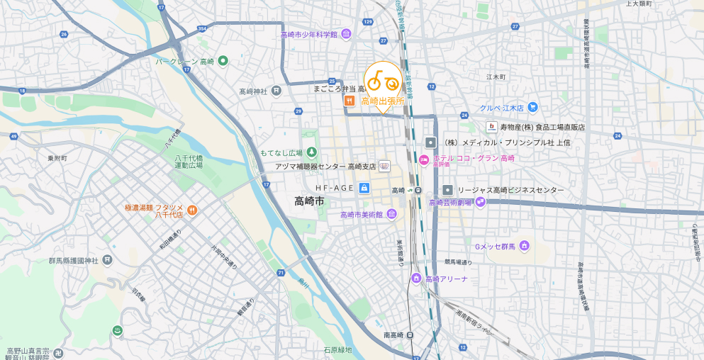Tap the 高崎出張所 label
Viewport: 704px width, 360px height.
(383, 101)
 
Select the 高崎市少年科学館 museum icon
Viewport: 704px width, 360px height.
(346, 34)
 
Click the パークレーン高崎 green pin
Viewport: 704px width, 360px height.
(223, 61)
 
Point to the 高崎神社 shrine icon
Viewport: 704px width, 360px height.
(276, 91)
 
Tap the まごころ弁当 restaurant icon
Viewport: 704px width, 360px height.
(349, 101)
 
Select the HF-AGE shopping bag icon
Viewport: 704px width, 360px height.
(364, 187)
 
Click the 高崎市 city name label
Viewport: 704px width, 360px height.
(310, 201)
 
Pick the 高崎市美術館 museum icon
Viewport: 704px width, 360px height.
(392, 214)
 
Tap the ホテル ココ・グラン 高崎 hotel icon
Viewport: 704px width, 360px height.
(424, 158)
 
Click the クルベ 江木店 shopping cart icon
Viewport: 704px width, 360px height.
(533, 108)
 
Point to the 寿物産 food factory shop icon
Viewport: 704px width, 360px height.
(491, 127)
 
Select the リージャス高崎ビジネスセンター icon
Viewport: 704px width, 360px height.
(448, 190)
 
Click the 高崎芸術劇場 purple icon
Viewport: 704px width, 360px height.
(481, 202)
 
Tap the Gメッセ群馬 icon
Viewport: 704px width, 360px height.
(524, 246)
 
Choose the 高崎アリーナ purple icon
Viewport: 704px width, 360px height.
(416, 279)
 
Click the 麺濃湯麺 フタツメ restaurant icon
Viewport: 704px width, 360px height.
(192, 210)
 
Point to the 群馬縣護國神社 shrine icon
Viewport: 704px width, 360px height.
(107, 260)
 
